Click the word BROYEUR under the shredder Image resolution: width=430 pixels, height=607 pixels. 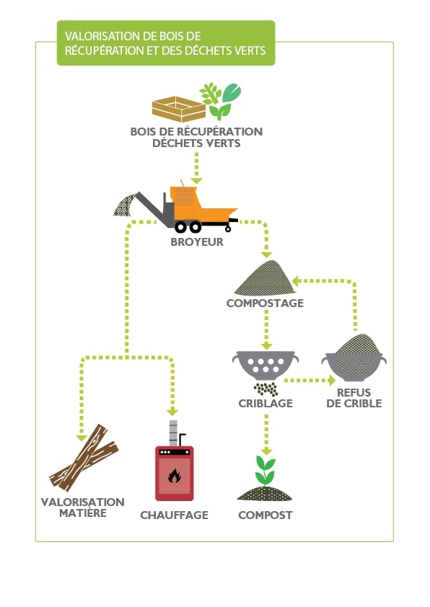click(x=197, y=242)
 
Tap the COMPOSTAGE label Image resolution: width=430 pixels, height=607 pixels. click(x=265, y=303)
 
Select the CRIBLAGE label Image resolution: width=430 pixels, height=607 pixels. click(x=266, y=404)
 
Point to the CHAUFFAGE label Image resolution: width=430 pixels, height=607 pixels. click(x=174, y=515)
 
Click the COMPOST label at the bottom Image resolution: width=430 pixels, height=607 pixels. click(x=266, y=515)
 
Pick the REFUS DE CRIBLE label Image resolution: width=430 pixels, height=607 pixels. click(x=354, y=398)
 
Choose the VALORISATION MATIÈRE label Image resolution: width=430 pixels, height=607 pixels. click(x=83, y=508)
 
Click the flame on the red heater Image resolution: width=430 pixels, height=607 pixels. click(x=174, y=477)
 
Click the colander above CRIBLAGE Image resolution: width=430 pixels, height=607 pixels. click(x=265, y=364)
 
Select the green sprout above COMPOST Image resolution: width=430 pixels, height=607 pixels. click(x=265, y=470)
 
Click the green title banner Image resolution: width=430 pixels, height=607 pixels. click(x=166, y=43)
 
